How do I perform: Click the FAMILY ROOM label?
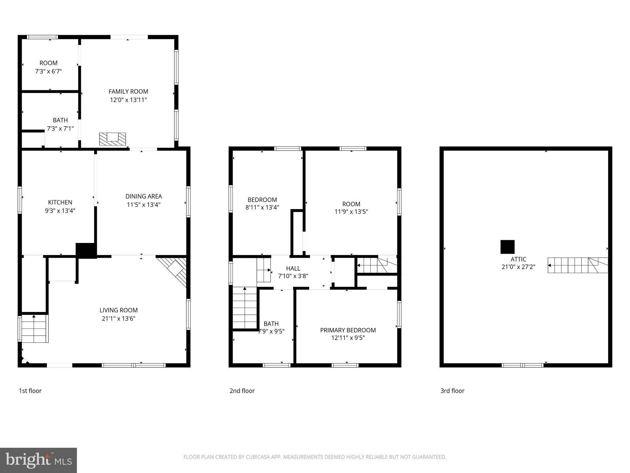[x=128, y=91]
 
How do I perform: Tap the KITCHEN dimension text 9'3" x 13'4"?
[x=60, y=211]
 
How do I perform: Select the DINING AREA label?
[x=143, y=196]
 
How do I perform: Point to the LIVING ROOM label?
[x=118, y=310]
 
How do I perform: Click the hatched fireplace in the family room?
[x=113, y=139]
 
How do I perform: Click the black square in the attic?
[x=507, y=247]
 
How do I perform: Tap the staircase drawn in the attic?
[x=577, y=265]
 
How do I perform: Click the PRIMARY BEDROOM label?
[x=348, y=330]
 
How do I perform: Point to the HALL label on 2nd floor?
[x=293, y=269]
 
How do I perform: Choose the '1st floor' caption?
[x=30, y=391]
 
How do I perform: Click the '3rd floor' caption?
[x=452, y=391]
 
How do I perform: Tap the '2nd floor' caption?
[x=242, y=391]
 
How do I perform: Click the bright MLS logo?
[x=38, y=460]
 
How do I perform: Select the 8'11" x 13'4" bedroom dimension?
[x=262, y=208]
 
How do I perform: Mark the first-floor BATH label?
[x=60, y=120]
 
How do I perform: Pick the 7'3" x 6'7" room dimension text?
[x=49, y=71]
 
